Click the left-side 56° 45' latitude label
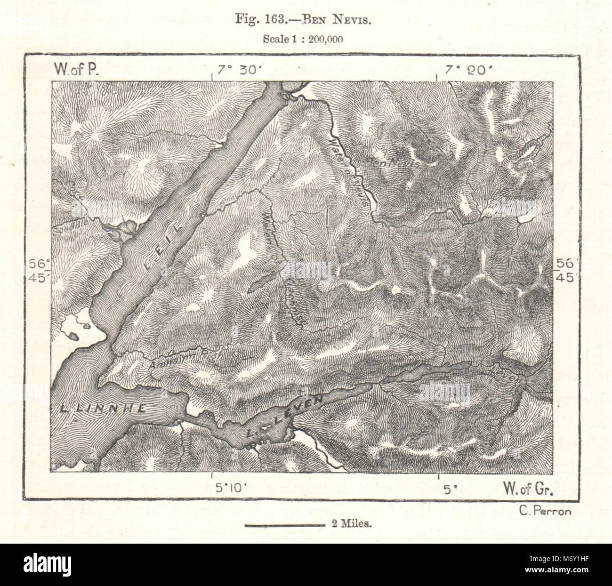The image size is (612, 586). [38, 271]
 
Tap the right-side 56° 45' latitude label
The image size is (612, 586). [565, 271]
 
